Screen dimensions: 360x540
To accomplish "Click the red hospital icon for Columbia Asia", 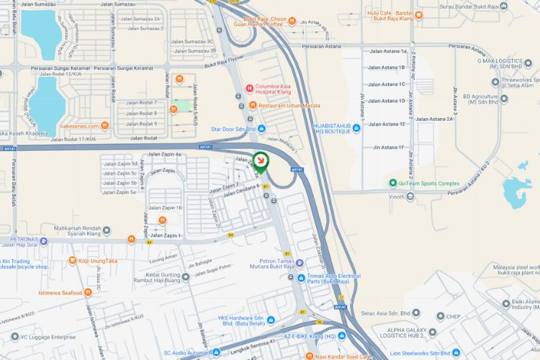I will pos(249,89).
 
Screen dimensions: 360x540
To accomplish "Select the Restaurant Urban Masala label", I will pos(287,106).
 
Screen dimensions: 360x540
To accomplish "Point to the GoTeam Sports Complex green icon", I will pos(392,183).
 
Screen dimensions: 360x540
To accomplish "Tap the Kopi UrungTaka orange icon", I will pos(72,260).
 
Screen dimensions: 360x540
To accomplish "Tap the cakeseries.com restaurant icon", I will pos(105,126).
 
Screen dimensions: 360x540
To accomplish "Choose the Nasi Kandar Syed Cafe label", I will pos(343,356).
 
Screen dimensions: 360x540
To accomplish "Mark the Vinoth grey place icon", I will pos(410,196).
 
